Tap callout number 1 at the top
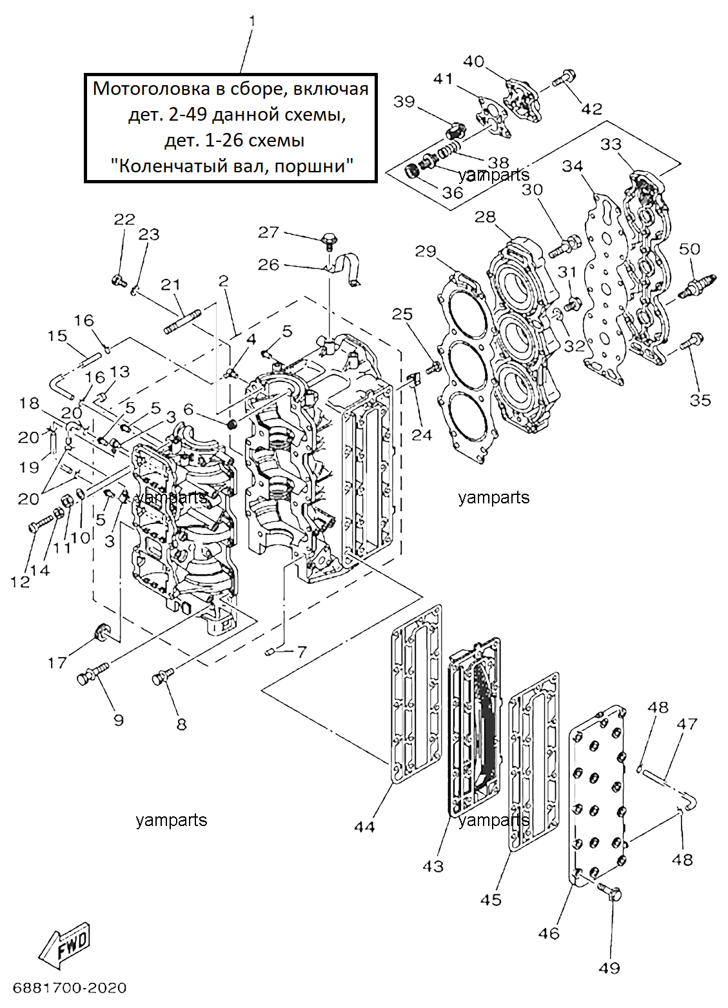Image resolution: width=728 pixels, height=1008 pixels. (x=252, y=21)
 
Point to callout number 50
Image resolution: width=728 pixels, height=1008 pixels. (x=689, y=248)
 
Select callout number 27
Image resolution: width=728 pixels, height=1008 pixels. (x=268, y=233)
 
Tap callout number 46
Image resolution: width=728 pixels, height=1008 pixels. (x=549, y=934)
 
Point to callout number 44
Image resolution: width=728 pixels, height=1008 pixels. (x=364, y=827)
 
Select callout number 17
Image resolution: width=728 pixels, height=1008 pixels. (x=57, y=662)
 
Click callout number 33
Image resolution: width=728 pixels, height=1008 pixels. (x=611, y=144)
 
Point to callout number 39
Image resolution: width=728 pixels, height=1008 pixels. (x=404, y=102)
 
